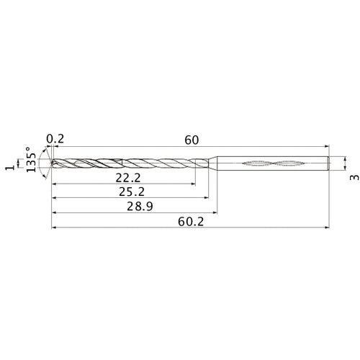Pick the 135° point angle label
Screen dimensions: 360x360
point(30,163)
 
